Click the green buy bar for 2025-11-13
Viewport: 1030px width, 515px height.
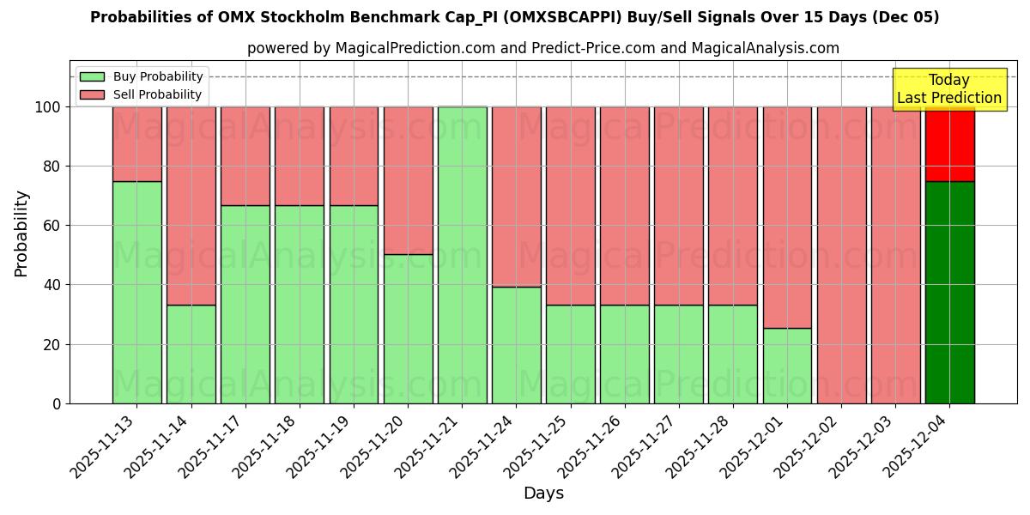[136, 292]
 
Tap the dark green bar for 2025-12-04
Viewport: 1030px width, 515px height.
[949, 292]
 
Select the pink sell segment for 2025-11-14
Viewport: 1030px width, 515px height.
[191, 206]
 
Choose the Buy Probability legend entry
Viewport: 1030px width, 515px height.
[142, 76]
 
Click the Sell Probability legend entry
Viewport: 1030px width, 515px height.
[142, 94]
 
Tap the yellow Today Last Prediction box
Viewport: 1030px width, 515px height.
[948, 89]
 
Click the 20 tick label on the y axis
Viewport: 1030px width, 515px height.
[54, 344]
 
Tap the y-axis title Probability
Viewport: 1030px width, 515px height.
[22, 233]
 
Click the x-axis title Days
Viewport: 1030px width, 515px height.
[543, 494]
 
